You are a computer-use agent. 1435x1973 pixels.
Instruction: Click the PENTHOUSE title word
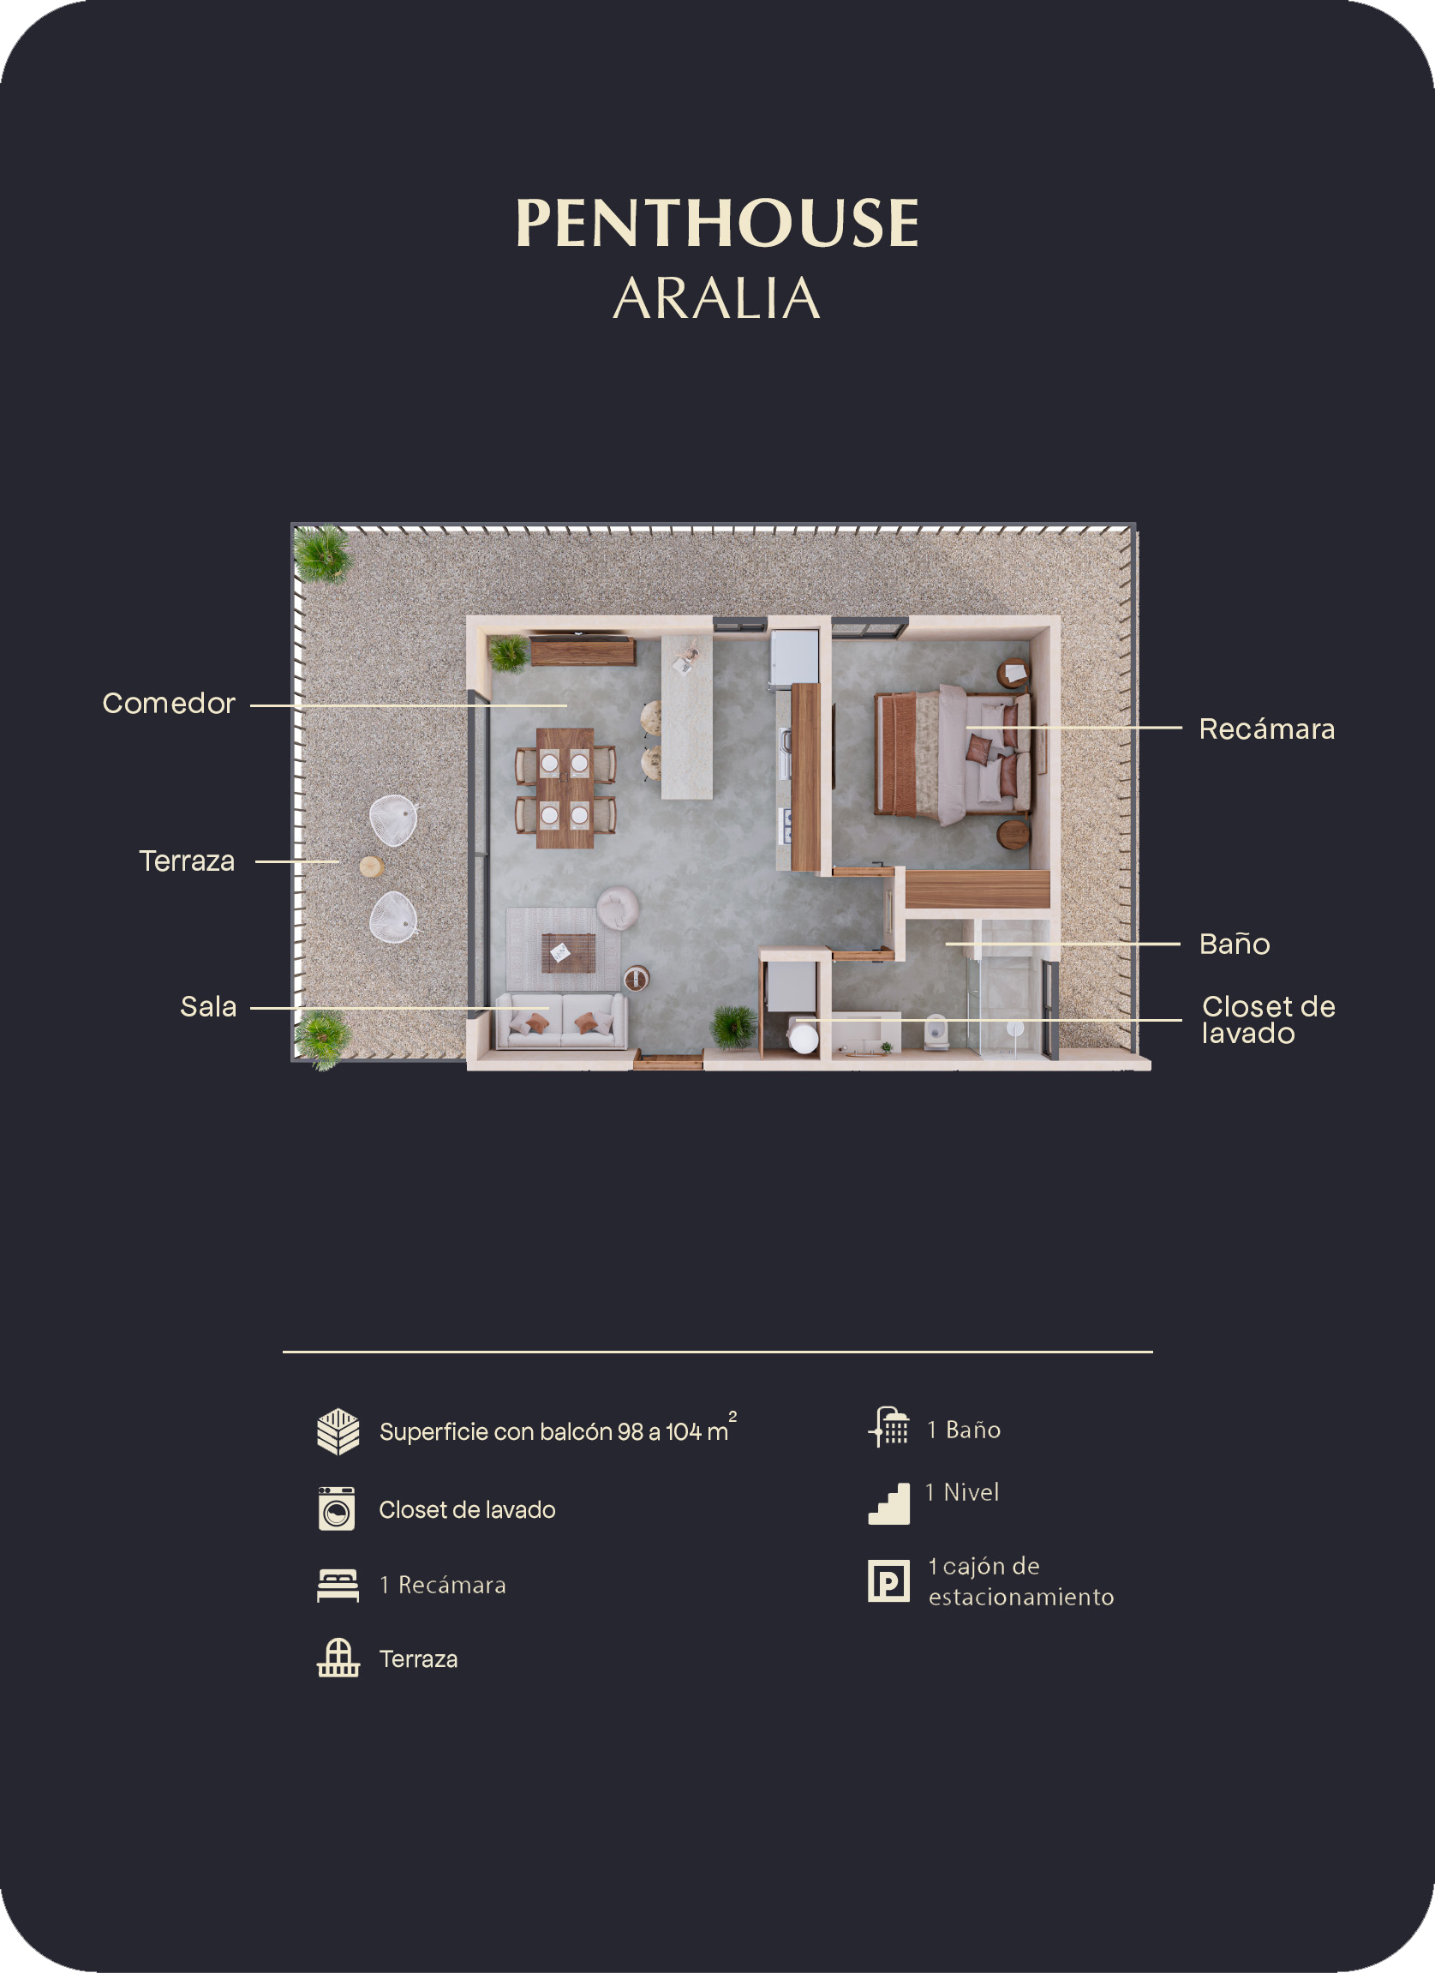(718, 223)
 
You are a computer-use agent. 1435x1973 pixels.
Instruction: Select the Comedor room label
(169, 703)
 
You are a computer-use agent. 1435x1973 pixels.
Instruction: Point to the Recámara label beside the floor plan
(1266, 729)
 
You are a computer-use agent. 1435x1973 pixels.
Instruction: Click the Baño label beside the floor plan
(1234, 944)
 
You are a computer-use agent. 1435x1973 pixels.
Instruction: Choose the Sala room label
(208, 1006)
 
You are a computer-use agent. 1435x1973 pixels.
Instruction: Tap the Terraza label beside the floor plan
(187, 861)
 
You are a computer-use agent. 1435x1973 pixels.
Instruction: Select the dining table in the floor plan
(565, 789)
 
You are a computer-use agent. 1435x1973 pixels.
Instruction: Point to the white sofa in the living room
(560, 1021)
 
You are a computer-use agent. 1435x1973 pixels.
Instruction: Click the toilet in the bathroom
(936, 1031)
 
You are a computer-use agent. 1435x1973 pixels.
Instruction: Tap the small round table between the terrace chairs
(372, 867)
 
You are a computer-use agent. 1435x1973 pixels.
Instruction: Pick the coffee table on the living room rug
(569, 952)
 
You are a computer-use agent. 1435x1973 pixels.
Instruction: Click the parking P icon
(888, 1580)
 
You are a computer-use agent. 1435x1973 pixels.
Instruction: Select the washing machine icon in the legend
(337, 1508)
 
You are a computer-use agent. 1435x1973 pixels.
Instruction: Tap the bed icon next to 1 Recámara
(338, 1585)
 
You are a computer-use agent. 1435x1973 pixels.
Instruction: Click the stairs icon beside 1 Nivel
(888, 1503)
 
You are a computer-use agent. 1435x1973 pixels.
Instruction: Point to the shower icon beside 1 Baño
(888, 1428)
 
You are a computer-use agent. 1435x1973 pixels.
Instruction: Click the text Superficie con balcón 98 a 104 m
(554, 1432)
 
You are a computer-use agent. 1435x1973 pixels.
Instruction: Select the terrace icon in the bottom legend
(338, 1658)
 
